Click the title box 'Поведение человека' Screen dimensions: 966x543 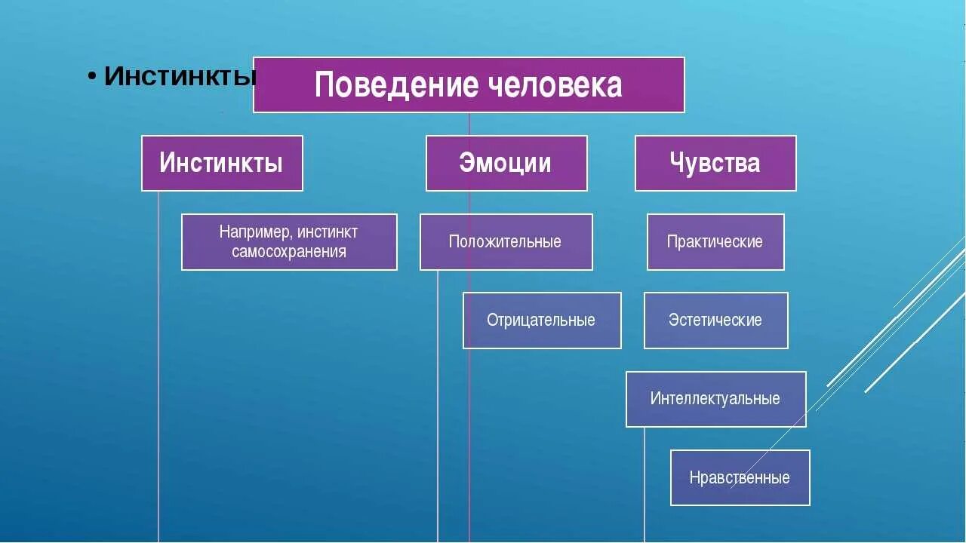pos(469,84)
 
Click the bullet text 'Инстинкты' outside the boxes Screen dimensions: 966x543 pos(180,75)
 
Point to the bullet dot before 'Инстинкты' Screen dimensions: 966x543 pos(91,77)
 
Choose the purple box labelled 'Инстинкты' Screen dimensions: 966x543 pos(222,163)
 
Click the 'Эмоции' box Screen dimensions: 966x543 pos(506,163)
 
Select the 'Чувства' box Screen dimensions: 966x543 pos(715,163)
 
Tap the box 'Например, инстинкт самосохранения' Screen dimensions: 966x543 pos(289,242)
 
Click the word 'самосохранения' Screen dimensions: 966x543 pos(289,252)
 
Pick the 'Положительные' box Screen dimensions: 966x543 pos(506,242)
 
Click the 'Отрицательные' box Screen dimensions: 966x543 pos(542,321)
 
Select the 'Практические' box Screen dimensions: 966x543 pos(715,242)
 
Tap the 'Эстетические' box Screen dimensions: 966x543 pos(715,321)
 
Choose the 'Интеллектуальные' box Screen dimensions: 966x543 pos(715,399)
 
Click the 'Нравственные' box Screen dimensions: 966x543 pos(740,477)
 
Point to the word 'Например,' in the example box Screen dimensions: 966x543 pos(251,232)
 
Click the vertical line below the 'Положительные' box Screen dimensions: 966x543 pos(438,407)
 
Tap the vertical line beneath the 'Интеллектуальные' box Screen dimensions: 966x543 pos(645,483)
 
